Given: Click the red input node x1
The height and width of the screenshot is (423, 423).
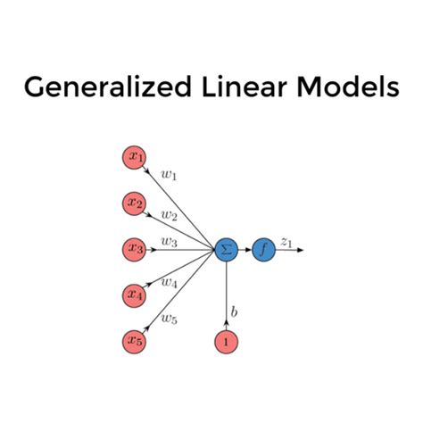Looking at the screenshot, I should [135, 158].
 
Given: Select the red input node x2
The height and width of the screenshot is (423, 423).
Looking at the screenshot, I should [135, 203].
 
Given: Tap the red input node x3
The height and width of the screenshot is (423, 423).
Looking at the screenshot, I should [135, 249].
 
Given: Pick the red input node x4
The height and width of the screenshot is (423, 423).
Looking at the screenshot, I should [135, 294].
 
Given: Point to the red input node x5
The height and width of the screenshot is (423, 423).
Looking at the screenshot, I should [135, 340].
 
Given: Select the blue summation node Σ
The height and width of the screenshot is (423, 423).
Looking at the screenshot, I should [225, 249].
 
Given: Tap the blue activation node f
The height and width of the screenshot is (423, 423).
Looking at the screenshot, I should [263, 249].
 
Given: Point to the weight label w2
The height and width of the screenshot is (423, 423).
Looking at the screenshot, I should [169, 215].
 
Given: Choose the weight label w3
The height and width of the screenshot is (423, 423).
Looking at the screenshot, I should [168, 241].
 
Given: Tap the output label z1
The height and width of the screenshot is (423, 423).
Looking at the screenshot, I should [286, 240].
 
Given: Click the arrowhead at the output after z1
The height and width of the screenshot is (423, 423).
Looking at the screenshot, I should [302, 249].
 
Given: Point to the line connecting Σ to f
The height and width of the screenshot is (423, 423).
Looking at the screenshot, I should [244, 249].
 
